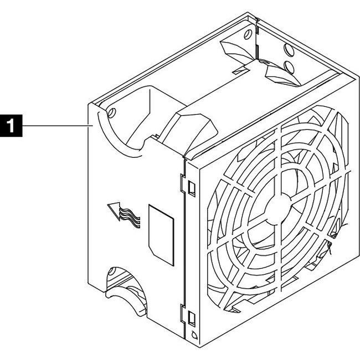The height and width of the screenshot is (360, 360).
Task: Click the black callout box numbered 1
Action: pos(11,126)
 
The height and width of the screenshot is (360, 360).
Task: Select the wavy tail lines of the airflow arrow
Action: pos(130,218)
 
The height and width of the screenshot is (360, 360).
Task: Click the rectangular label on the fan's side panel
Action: pos(161,235)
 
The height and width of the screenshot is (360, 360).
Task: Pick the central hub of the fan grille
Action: pos(279,209)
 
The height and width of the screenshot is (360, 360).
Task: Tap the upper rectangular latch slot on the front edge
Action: pos(192,188)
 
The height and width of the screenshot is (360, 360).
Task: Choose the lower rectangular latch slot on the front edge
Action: pos(192,318)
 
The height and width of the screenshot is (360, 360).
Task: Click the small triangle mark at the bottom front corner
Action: pos(194,336)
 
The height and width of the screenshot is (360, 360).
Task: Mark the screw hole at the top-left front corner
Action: pos(112,113)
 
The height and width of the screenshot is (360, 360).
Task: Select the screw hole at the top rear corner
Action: pos(248,34)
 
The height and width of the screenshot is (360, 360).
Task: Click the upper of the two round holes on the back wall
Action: pos(289,50)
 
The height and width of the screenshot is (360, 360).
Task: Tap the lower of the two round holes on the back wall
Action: pos(289,67)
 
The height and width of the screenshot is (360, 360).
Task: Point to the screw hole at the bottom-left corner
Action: pos(112,271)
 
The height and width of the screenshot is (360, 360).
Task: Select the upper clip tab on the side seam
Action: pos(182,183)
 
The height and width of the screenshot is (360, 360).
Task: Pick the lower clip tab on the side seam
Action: pos(182,313)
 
